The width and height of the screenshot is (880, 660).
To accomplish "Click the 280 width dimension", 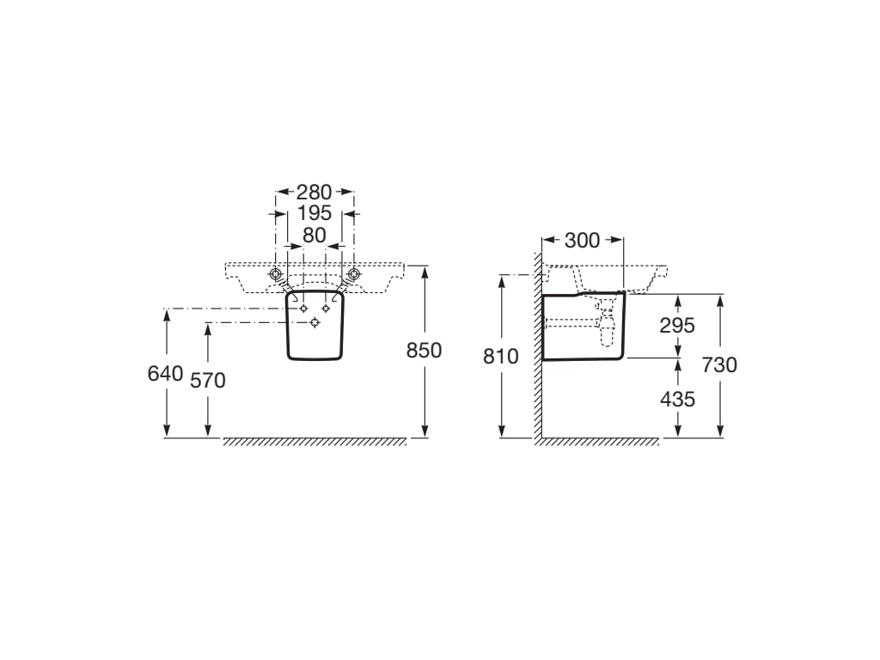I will click(x=315, y=192).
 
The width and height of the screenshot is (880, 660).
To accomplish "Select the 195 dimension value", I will click(x=315, y=213).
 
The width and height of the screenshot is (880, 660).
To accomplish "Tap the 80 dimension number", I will click(x=315, y=235).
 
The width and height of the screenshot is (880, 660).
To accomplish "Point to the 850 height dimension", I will click(x=424, y=351).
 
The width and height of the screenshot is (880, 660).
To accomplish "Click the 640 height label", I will click(x=165, y=373).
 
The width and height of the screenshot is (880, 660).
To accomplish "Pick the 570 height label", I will click(x=207, y=379).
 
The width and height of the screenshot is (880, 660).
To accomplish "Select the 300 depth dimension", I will click(x=582, y=241).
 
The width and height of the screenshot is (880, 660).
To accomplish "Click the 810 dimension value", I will click(x=501, y=356).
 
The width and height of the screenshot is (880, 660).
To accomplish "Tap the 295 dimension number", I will click(x=677, y=325).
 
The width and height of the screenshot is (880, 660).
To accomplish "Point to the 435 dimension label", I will click(x=677, y=399).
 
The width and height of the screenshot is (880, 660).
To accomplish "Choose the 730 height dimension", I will click(x=719, y=364).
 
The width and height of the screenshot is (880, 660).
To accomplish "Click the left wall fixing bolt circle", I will click(x=277, y=274).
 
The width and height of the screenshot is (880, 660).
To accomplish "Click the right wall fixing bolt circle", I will click(x=352, y=274).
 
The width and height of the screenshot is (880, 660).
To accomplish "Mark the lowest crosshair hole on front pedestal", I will click(x=315, y=322).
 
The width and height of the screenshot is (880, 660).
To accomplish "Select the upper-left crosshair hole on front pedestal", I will click(x=302, y=308).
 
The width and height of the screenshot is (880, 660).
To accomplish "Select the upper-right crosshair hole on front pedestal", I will click(x=327, y=308).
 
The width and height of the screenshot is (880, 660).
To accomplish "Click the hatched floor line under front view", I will click(x=315, y=442).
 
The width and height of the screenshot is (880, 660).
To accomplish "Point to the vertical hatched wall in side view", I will click(x=537, y=361).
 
